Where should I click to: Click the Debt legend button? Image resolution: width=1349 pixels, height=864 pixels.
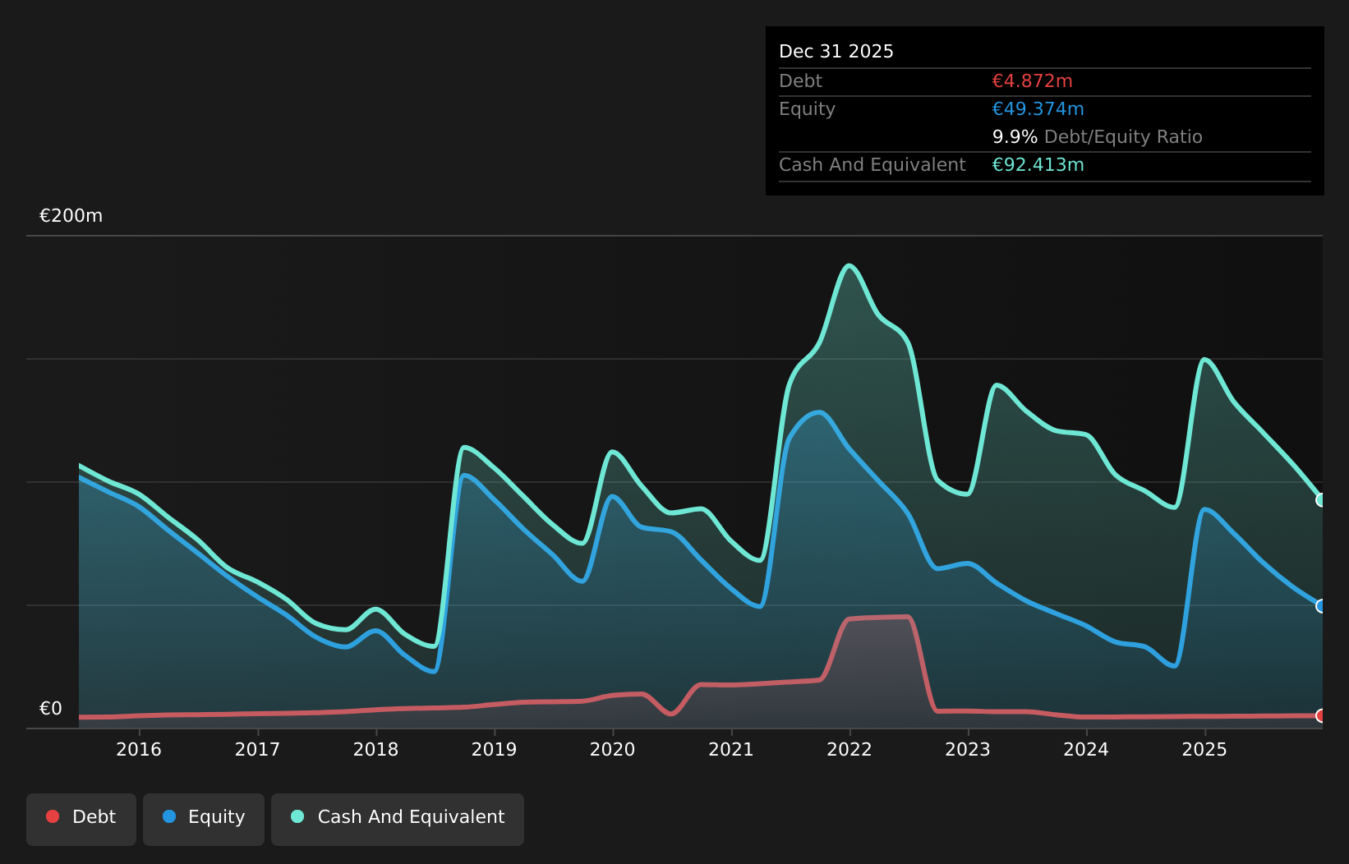click(81, 817)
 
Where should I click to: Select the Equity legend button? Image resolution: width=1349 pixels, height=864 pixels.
click(204, 817)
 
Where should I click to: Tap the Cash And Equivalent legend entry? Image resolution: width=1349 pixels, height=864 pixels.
click(398, 817)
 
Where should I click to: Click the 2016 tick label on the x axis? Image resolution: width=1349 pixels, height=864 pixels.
click(139, 749)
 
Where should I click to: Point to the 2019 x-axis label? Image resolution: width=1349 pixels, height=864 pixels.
click(494, 749)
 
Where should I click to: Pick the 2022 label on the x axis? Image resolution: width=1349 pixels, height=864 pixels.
click(849, 749)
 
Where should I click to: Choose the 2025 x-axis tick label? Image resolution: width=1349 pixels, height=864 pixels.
click(1204, 749)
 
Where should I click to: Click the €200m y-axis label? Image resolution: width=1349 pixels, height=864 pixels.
click(71, 216)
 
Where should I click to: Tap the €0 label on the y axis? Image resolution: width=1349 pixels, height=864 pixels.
click(51, 709)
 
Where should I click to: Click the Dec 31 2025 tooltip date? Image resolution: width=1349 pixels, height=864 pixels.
click(836, 52)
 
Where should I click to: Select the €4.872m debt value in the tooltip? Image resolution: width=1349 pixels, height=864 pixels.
click(1032, 81)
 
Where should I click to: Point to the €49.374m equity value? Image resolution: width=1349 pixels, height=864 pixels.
click(1038, 109)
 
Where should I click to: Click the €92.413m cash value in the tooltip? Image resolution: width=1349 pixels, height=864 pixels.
click(1038, 165)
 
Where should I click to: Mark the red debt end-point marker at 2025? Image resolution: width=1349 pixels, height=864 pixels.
click(1321, 715)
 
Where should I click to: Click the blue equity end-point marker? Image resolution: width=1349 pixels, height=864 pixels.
click(1321, 606)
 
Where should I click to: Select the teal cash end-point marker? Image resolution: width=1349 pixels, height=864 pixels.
click(1321, 499)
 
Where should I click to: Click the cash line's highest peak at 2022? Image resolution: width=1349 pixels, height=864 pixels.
click(849, 265)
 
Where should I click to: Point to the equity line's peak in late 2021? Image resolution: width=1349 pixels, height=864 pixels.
click(818, 412)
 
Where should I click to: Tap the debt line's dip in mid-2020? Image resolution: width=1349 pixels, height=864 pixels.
click(671, 714)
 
